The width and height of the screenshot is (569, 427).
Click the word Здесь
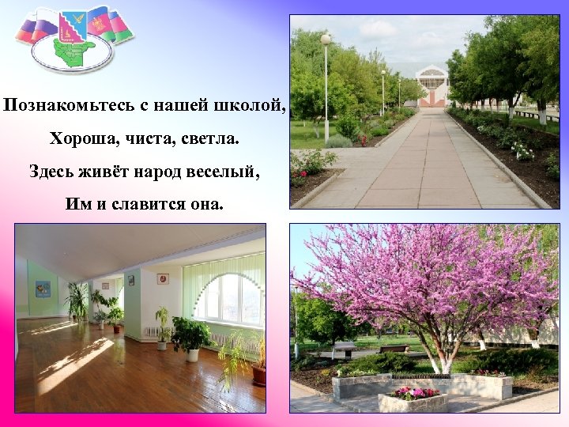[x=55, y=172]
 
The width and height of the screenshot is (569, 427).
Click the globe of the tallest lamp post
[x=326, y=39]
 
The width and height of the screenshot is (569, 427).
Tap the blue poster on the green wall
[x=43, y=289]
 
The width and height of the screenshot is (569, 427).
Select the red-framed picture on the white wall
[x=162, y=278]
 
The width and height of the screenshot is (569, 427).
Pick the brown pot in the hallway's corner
[x=259, y=375]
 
